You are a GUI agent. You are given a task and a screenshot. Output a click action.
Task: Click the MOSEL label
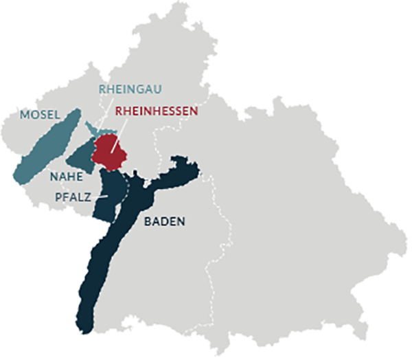[x=41, y=114]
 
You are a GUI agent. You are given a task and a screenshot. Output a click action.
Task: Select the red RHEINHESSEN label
[x=157, y=110]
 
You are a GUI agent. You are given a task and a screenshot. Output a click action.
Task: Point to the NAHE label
[x=66, y=177]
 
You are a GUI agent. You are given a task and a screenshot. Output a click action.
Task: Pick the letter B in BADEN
[x=148, y=222]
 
